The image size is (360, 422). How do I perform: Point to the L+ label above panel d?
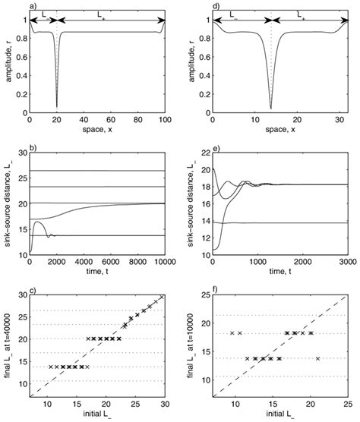coord(302,14)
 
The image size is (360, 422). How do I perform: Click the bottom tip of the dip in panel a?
coord(57,106)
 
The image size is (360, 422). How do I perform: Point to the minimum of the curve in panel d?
coord(271,108)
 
